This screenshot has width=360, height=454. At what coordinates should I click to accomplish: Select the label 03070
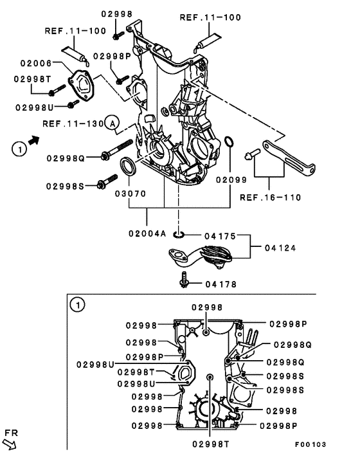click(x=130, y=192)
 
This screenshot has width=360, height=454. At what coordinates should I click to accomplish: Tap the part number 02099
click(x=231, y=181)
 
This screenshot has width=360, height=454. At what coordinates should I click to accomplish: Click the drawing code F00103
click(x=310, y=444)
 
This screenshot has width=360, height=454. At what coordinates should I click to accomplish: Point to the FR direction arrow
click(x=10, y=442)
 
